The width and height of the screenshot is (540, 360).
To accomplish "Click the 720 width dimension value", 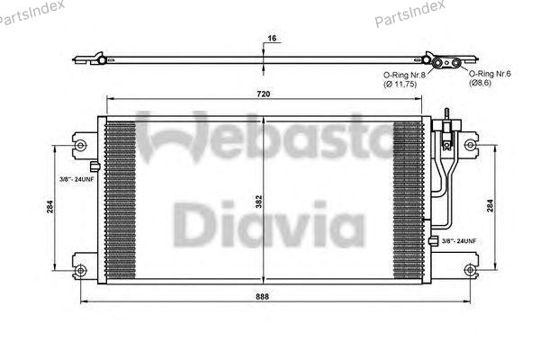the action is [264, 94].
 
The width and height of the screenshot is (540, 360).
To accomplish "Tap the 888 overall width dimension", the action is [263, 297].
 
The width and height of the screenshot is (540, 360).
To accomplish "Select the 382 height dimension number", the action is [259, 202].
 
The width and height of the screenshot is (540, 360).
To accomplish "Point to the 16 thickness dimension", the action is [272, 38].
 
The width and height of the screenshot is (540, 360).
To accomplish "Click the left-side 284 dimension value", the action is [50, 207].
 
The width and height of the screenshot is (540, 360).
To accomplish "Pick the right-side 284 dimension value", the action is [490, 206].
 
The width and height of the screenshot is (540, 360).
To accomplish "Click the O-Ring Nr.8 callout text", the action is [404, 75].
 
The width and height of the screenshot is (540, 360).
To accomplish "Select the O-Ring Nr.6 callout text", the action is [490, 74].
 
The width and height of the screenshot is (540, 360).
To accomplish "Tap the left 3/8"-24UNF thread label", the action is [76, 179].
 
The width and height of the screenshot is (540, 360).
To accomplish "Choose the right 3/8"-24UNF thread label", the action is [459, 241].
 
